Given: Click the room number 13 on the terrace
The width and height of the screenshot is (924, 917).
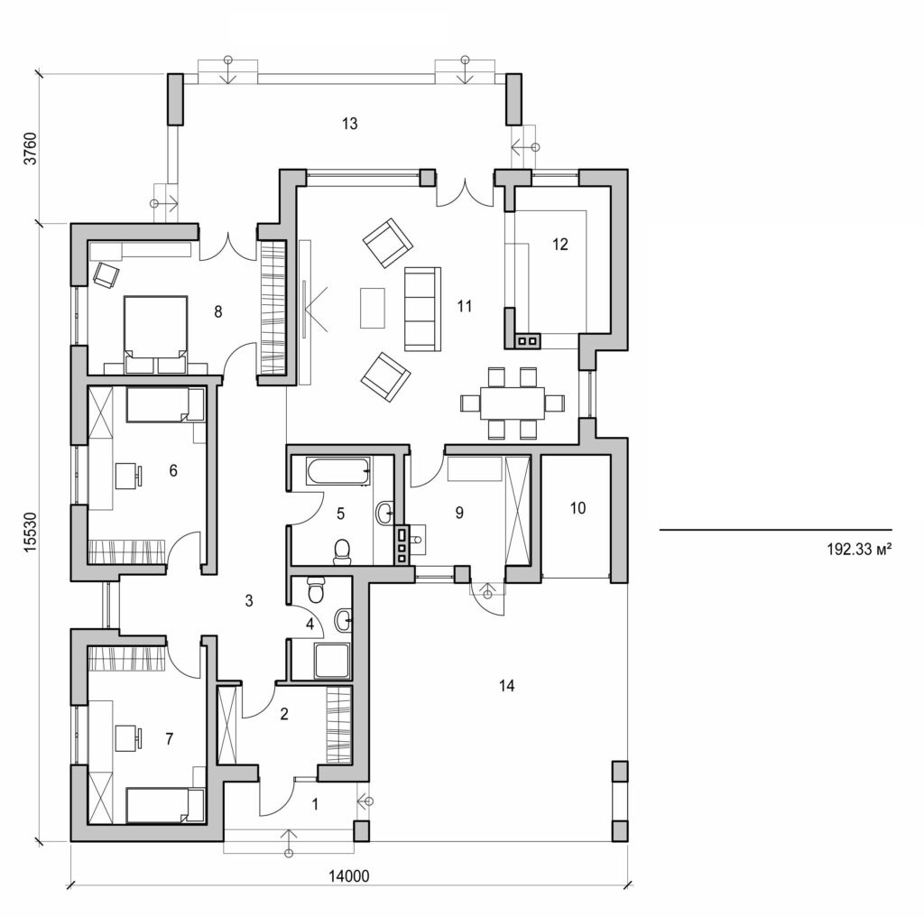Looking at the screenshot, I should (x=350, y=124).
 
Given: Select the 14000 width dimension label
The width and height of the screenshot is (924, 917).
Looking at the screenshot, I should (x=347, y=875).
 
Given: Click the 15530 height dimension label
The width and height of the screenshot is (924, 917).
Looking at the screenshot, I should (x=30, y=532).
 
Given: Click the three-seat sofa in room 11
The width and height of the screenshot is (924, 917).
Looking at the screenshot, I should (x=421, y=308).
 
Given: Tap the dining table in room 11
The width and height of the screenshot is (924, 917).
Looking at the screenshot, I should (x=513, y=402).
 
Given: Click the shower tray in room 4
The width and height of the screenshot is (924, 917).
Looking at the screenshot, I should (x=331, y=661).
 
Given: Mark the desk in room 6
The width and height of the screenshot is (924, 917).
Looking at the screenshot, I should (x=127, y=471).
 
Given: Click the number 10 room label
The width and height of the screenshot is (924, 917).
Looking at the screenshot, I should (x=577, y=508).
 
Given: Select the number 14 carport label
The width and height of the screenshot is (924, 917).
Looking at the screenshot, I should (x=506, y=686).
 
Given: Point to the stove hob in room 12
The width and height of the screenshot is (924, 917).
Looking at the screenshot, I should (x=528, y=340).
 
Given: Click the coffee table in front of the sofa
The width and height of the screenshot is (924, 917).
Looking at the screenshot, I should (x=372, y=307).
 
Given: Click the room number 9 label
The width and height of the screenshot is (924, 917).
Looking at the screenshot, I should (x=458, y=513).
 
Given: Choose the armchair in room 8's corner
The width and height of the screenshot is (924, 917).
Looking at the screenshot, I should (x=106, y=273).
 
